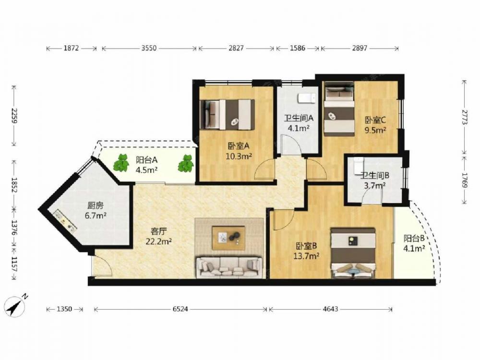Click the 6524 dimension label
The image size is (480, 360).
180,309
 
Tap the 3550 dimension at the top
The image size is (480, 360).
149,48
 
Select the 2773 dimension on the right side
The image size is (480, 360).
464,117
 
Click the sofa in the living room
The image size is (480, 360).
229,267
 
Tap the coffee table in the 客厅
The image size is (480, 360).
228,238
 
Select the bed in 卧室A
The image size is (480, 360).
227,114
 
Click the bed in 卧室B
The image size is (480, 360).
353,253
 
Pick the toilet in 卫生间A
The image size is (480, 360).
307,98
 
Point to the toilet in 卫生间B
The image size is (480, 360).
359,166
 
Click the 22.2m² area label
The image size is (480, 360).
158,241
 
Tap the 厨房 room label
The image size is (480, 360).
96,205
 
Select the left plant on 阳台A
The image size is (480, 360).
122,163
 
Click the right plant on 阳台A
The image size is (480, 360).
185,163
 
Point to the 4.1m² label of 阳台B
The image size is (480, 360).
414,248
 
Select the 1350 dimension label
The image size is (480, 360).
64,309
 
